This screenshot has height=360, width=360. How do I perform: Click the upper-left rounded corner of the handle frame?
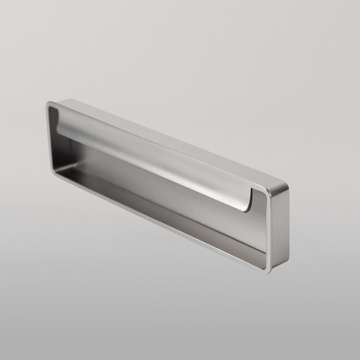(49, 106)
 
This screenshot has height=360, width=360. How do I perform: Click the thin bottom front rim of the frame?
(156, 222)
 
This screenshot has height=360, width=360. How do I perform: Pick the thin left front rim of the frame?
(49, 138)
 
